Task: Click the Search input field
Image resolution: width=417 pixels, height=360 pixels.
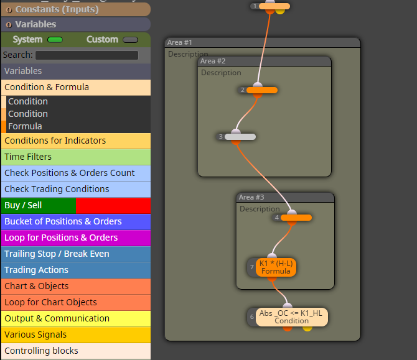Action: [87, 55]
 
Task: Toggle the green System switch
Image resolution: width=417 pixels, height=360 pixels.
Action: [55, 40]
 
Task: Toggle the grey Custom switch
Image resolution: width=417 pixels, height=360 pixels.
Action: [130, 40]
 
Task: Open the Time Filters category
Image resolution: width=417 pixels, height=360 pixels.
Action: [76, 157]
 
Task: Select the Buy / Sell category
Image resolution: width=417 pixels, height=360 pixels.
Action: [76, 205]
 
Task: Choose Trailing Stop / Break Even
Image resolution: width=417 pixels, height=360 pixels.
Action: [76, 254]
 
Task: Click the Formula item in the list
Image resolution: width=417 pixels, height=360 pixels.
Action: [25, 126]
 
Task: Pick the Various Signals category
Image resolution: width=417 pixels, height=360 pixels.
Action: [76, 335]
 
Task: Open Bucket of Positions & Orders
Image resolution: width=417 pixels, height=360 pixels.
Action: [76, 221]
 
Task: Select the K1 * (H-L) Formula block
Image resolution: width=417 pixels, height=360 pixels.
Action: [276, 267]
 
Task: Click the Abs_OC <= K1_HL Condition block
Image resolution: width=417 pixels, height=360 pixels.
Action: [292, 317]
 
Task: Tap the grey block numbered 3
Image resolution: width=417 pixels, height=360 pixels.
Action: [240, 137]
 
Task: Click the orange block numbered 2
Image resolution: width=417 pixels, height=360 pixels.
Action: [262, 90]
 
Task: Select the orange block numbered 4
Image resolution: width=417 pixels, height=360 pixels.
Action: [296, 218]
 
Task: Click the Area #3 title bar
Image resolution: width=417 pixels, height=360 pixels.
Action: [285, 197]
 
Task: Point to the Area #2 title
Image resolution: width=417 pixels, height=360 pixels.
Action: [213, 61]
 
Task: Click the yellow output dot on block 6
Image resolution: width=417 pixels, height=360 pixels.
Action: [307, 329]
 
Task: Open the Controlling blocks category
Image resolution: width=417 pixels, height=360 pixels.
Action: [76, 351]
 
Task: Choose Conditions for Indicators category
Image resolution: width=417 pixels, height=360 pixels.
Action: [76, 141]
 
